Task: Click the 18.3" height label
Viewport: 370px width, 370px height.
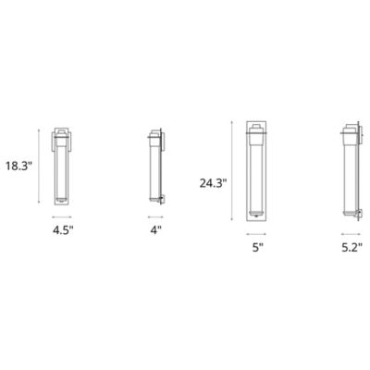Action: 18,166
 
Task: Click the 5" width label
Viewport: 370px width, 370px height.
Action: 258,248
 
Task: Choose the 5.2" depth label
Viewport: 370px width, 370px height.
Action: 352,248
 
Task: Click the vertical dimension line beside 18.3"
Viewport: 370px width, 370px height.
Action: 38,166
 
